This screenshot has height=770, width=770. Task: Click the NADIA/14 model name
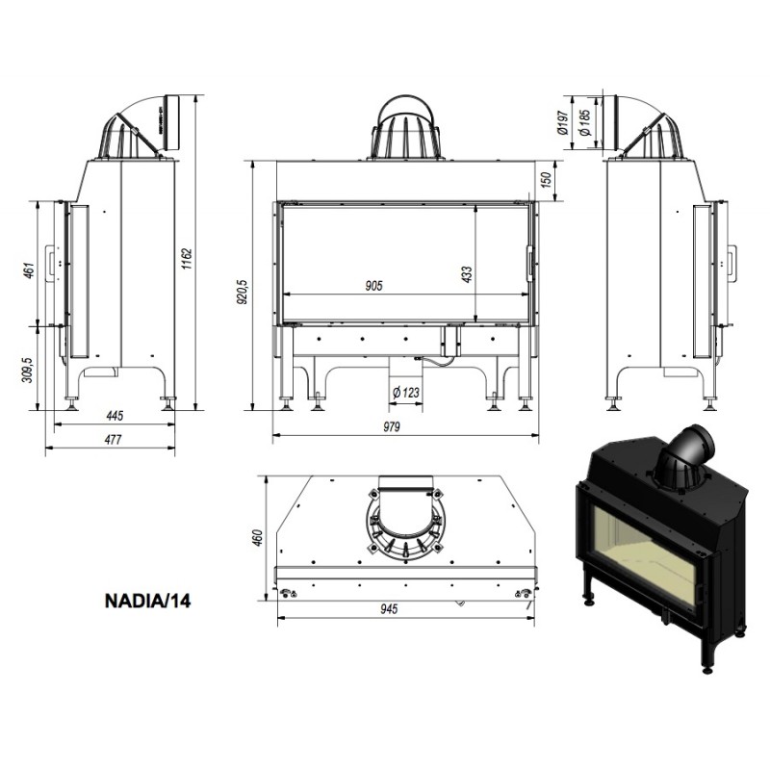[x=148, y=601]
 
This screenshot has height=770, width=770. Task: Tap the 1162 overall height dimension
[x=187, y=259]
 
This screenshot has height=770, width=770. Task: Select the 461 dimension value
[x=30, y=270]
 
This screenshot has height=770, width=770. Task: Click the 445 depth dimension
[x=115, y=416]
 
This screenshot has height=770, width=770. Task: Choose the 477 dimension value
[x=113, y=440]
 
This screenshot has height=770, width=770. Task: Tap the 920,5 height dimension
[x=243, y=293]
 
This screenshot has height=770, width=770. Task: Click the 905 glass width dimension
[x=373, y=286]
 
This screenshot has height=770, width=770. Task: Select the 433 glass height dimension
[x=467, y=274]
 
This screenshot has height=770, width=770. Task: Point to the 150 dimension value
[x=546, y=179]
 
